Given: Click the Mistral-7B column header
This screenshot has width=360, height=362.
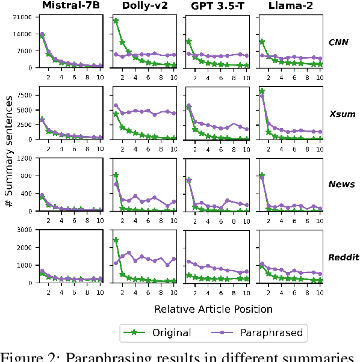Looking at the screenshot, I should click(x=70, y=7).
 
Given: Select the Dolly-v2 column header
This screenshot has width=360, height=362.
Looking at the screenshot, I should click(x=144, y=7).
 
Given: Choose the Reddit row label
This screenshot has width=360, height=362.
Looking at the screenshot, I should click(x=341, y=257).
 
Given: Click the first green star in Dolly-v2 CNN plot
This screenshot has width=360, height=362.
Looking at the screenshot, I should click(x=116, y=21).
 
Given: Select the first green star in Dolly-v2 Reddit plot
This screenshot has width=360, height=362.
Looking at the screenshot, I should click(x=116, y=241).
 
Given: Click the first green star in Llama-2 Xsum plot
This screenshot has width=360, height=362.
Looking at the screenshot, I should click(x=262, y=91).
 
